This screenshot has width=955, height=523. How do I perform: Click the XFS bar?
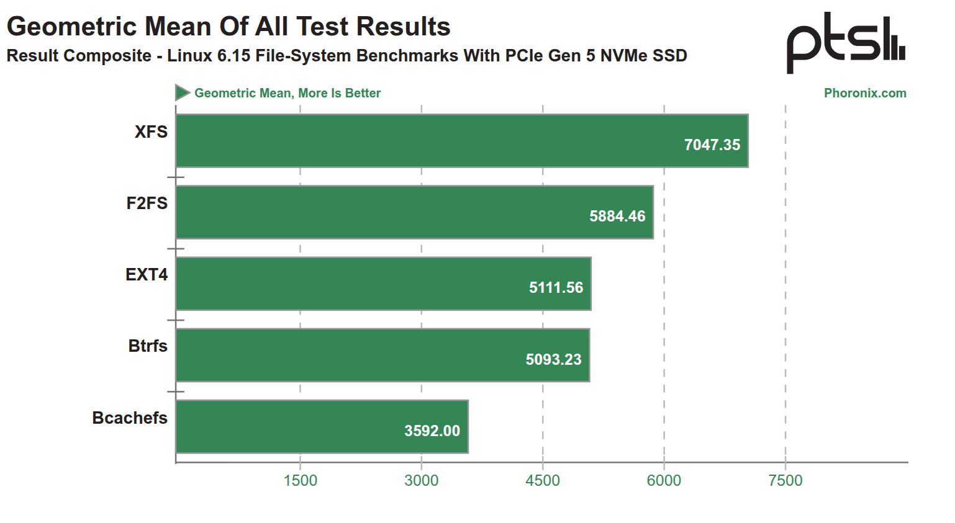click(462, 141)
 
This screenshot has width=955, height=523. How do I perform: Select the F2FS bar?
click(414, 212)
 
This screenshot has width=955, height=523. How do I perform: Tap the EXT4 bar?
click(383, 284)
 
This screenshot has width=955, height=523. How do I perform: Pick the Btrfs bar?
click(382, 355)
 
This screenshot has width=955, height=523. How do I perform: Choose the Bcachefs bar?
click(322, 427)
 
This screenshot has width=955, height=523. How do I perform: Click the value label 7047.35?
click(712, 145)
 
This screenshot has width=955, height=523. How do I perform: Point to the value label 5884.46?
click(617, 217)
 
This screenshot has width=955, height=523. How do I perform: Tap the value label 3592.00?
click(432, 431)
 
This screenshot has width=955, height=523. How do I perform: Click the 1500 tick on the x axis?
click(300, 480)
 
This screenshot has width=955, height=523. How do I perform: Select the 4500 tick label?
click(543, 480)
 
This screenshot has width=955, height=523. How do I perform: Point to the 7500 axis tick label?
click(785, 480)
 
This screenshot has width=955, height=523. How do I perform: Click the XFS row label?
click(151, 132)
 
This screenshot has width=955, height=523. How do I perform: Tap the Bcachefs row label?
click(130, 418)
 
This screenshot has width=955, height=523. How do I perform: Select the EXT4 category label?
click(147, 275)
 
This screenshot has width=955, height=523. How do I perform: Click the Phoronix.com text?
click(865, 93)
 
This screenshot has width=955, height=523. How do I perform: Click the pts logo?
click(846, 43)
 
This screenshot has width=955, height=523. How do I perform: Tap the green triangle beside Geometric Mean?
click(182, 93)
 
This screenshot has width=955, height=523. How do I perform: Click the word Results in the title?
click(404, 27)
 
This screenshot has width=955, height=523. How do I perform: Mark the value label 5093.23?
click(553, 359)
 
